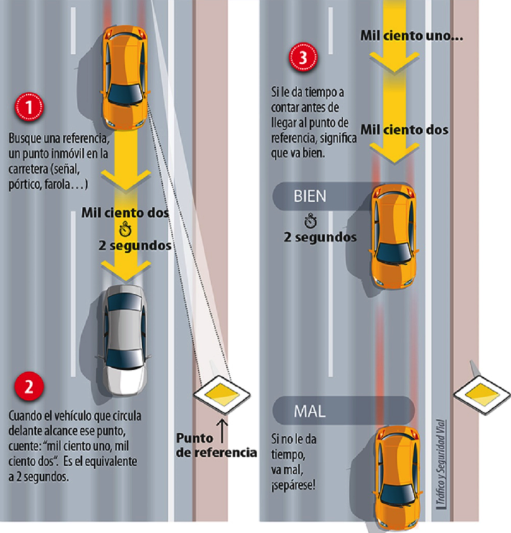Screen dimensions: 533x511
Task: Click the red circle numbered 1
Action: (x=28, y=109)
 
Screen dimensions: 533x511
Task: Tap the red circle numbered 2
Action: (x=28, y=387)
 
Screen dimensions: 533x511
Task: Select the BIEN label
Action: (x=310, y=196)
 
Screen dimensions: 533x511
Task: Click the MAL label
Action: (x=310, y=412)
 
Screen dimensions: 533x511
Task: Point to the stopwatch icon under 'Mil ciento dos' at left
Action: (x=126, y=230)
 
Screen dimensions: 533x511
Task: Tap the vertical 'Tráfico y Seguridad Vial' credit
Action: (x=439, y=463)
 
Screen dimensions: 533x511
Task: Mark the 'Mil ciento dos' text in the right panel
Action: (x=404, y=130)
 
